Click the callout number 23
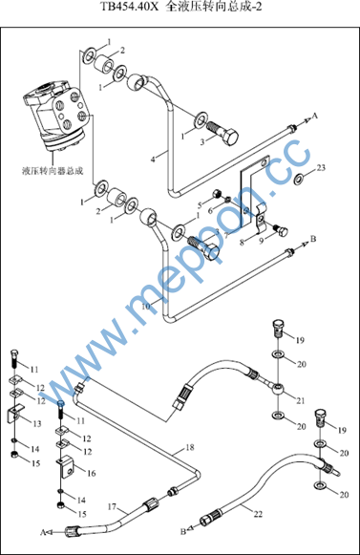point(321,167)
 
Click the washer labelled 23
point(299,179)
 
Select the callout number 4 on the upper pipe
point(153,160)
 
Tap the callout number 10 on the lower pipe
point(146,307)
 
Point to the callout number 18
point(190,447)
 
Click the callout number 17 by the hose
point(112,507)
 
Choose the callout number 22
point(258,514)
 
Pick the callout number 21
point(300,400)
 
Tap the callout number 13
point(37,423)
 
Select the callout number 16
point(92,473)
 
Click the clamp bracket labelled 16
point(66,466)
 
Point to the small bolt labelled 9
point(281,230)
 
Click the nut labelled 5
point(217,194)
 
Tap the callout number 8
point(243,243)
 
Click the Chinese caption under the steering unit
point(53,171)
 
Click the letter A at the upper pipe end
point(315,116)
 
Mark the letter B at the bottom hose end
point(183,531)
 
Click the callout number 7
point(226,235)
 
